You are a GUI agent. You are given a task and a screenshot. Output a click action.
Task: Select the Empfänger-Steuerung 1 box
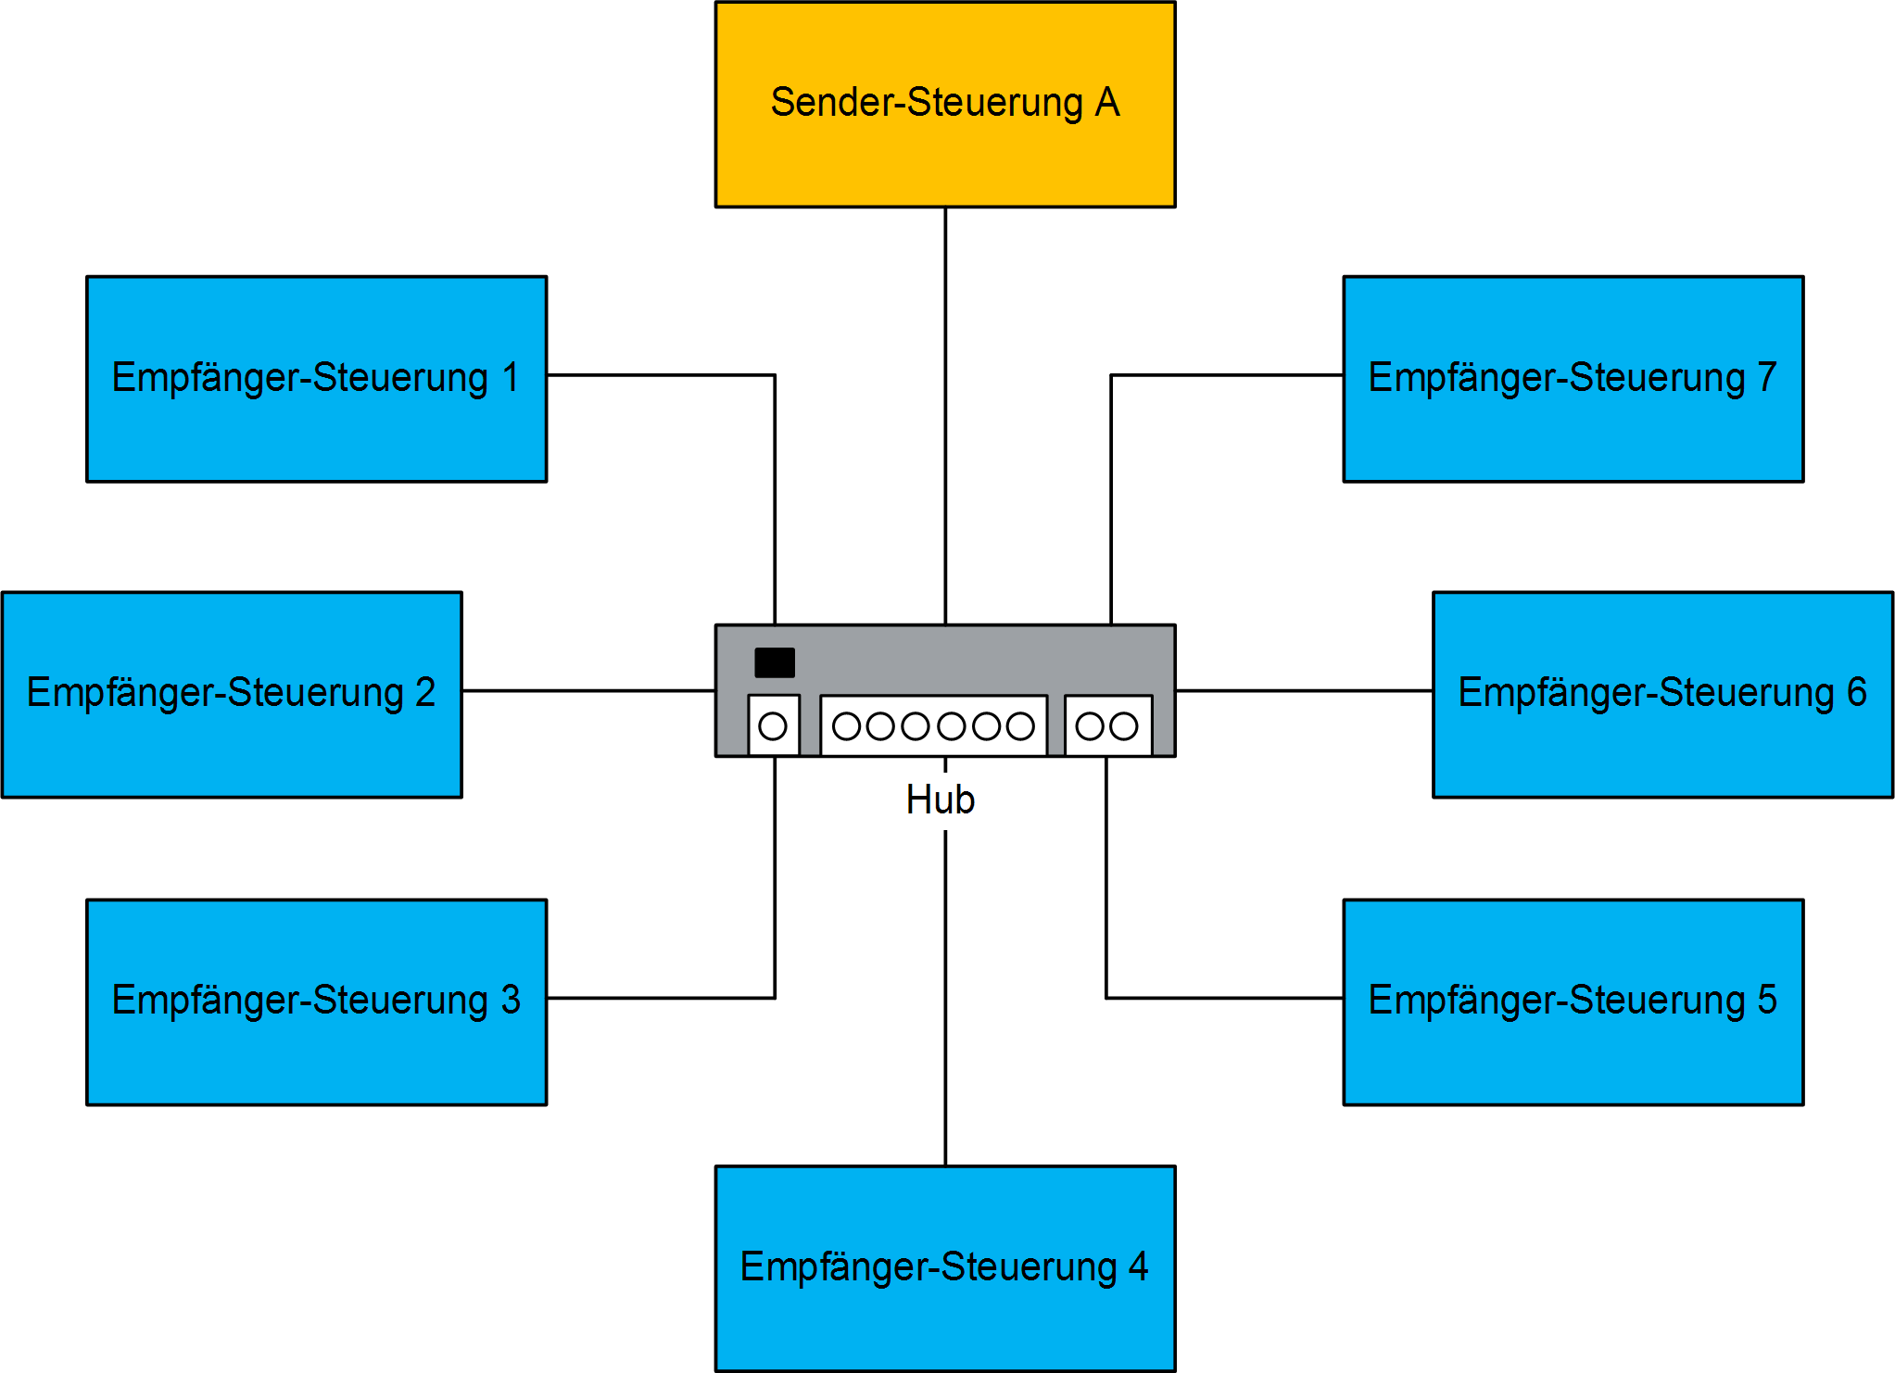pos(316,426)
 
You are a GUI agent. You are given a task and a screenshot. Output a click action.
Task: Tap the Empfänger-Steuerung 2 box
pos(231,741)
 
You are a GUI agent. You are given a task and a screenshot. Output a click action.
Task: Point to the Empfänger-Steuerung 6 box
pos(1662,741)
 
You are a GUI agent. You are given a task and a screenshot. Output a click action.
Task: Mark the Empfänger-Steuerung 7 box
pos(1573,426)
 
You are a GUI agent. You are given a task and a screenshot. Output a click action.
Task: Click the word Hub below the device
pos(940,800)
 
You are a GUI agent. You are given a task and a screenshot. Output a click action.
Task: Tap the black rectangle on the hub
pos(775,662)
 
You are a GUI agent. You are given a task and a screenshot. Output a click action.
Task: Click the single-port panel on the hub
pos(774,725)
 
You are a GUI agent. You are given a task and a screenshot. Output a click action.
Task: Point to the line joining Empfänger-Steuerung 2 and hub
pos(588,690)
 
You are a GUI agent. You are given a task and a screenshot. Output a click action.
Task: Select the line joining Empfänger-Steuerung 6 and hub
pos(1304,690)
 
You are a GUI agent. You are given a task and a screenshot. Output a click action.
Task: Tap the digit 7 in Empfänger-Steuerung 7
pos(1766,377)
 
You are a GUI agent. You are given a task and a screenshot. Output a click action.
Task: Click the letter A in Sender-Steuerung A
pos(1107,102)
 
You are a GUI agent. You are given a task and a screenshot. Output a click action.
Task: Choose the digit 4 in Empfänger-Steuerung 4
pos(1138,1266)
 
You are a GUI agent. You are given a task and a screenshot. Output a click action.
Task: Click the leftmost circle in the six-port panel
pos(846,726)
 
